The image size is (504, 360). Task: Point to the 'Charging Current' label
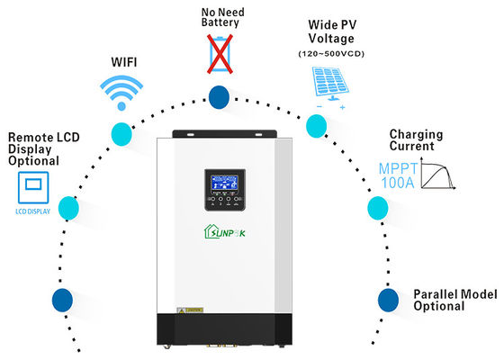pos(417,141)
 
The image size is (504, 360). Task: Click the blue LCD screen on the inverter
pos(220,184)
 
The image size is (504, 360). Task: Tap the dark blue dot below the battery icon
pos(219,96)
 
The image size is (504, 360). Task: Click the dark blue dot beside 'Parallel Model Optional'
pos(388,298)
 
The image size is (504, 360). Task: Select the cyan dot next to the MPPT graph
pos(378,210)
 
